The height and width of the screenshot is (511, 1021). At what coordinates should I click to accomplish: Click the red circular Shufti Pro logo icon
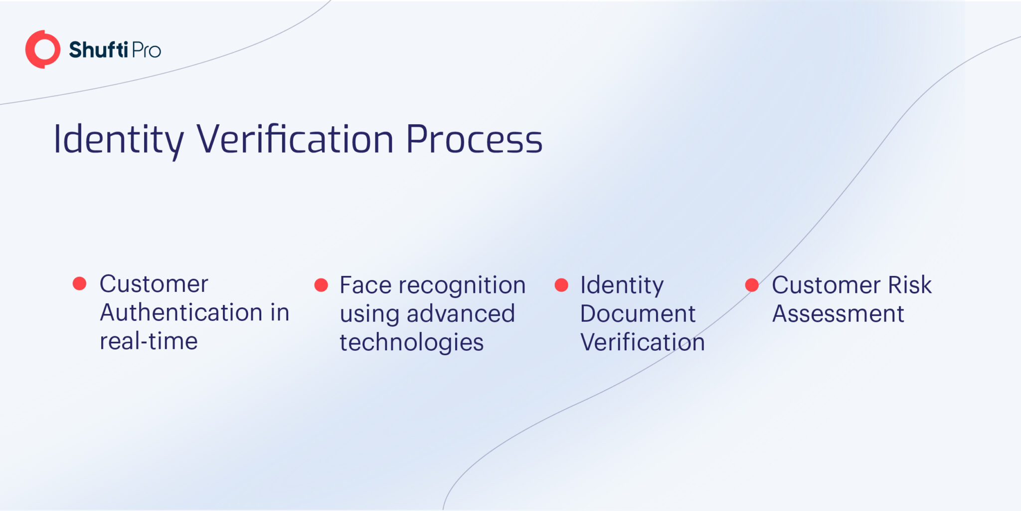[x=43, y=49]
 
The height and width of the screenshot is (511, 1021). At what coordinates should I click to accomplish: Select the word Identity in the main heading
[x=119, y=140]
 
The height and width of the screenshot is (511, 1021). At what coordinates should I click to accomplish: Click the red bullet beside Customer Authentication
[x=80, y=283]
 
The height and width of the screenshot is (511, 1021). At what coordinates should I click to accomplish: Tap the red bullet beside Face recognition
[x=321, y=285]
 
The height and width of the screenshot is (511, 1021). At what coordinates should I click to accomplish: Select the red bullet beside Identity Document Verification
[x=561, y=285]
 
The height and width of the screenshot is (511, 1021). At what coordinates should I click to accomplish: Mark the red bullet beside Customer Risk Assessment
[x=752, y=285]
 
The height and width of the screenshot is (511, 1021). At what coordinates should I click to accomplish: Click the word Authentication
[x=181, y=313]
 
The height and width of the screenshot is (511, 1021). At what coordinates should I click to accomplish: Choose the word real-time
[x=149, y=341]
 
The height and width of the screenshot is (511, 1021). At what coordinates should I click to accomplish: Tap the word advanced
[x=461, y=314]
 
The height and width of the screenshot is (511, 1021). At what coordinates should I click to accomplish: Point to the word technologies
[x=412, y=343]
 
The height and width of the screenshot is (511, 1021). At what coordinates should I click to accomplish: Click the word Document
[x=638, y=314]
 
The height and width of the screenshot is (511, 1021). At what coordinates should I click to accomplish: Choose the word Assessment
[x=838, y=314]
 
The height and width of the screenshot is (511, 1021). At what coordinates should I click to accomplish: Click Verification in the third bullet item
[x=643, y=342]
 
